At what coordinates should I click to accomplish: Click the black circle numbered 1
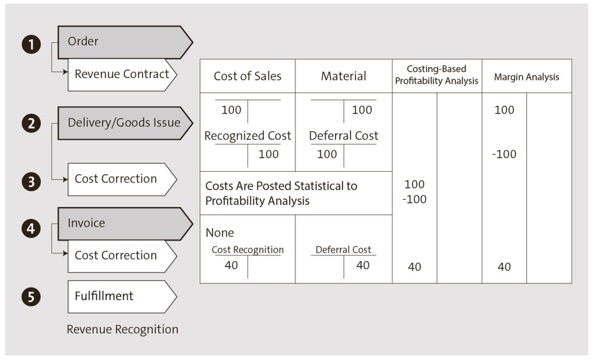point(31,45)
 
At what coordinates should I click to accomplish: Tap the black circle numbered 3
point(31,182)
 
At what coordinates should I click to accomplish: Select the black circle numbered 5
point(31,297)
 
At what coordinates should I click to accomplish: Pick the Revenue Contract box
point(121,74)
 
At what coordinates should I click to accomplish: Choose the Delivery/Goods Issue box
point(124,123)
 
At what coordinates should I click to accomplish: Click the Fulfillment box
point(121,296)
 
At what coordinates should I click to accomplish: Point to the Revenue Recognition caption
point(122,329)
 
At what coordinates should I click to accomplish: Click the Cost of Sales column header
point(248,77)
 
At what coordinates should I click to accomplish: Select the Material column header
point(343,77)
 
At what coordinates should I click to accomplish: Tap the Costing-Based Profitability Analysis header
point(436,75)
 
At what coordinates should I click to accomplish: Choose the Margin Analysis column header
point(526,77)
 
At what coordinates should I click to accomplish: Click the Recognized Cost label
point(248,136)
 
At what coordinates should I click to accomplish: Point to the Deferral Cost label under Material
point(343,136)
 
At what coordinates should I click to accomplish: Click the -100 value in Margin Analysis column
point(504,154)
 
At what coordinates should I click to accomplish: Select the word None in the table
point(219,233)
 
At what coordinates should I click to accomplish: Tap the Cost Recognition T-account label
point(248,250)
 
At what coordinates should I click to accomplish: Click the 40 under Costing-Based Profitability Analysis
point(415,267)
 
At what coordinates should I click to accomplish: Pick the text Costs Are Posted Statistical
point(281,186)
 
